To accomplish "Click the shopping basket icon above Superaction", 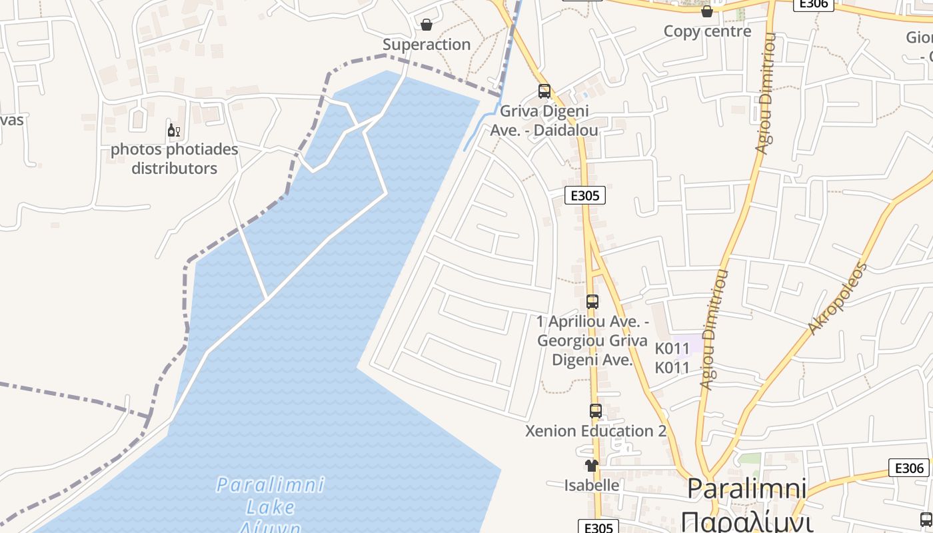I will pyautogui.click(x=427, y=25).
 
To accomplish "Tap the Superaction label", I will pyautogui.click(x=427, y=45).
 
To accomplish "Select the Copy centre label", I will pyautogui.click(x=707, y=31).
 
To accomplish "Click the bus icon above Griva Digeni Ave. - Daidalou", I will pyautogui.click(x=544, y=91).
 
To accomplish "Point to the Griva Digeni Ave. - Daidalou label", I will pyautogui.click(x=544, y=121).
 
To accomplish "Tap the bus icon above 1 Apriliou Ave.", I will pyautogui.click(x=592, y=302).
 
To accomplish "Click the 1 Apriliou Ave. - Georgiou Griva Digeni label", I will pyautogui.click(x=592, y=341).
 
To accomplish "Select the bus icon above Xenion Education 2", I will pyautogui.click(x=596, y=411).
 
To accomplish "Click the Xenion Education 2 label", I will pyautogui.click(x=596, y=431).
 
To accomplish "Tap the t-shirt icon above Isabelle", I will pyautogui.click(x=592, y=466).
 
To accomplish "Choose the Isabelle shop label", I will pyautogui.click(x=592, y=485).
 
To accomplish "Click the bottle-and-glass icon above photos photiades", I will pyautogui.click(x=174, y=130).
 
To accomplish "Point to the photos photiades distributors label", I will pyautogui.click(x=174, y=159).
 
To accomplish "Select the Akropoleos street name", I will pyautogui.click(x=837, y=298).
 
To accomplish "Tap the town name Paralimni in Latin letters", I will pyautogui.click(x=746, y=489).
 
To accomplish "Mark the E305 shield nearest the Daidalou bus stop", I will pyautogui.click(x=585, y=195).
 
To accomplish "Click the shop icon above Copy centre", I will pyautogui.click(x=707, y=11).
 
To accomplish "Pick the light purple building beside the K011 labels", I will pyautogui.click(x=693, y=344).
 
